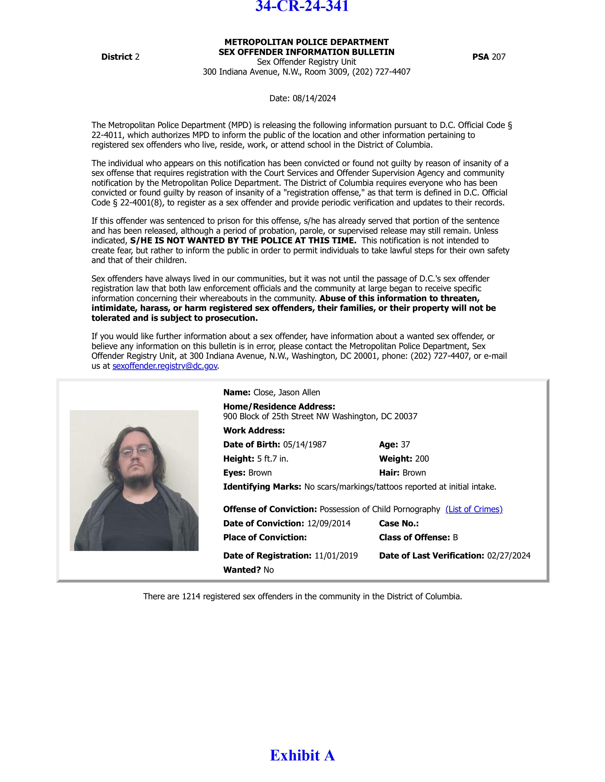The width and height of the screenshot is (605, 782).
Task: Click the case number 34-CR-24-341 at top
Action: [x=302, y=6]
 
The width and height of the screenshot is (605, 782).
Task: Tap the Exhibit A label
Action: [x=302, y=755]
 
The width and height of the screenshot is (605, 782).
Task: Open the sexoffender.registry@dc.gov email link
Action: [x=165, y=366]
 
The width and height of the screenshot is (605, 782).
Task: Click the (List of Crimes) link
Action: [x=474, y=509]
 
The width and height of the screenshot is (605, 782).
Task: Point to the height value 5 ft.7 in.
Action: [x=273, y=459]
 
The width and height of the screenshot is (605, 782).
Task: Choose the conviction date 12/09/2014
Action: [x=329, y=523]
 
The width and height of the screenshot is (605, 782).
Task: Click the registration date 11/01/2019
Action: [x=336, y=556]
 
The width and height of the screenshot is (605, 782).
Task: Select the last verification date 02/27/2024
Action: [x=509, y=556]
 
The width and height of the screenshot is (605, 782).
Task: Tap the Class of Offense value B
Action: [x=455, y=537]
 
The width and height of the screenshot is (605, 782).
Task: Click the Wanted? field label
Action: [x=242, y=570]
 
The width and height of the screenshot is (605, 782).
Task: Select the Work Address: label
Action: [x=254, y=430]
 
